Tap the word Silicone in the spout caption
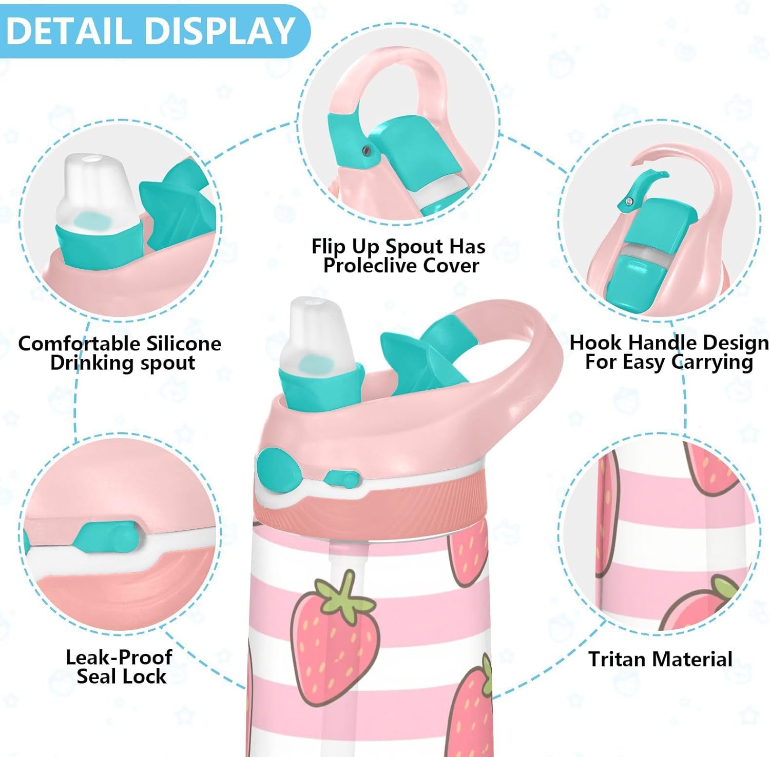[183, 343]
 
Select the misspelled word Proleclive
[369, 266]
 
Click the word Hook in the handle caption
[596, 342]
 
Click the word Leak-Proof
[119, 657]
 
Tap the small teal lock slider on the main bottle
[341, 479]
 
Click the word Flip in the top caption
[329, 247]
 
